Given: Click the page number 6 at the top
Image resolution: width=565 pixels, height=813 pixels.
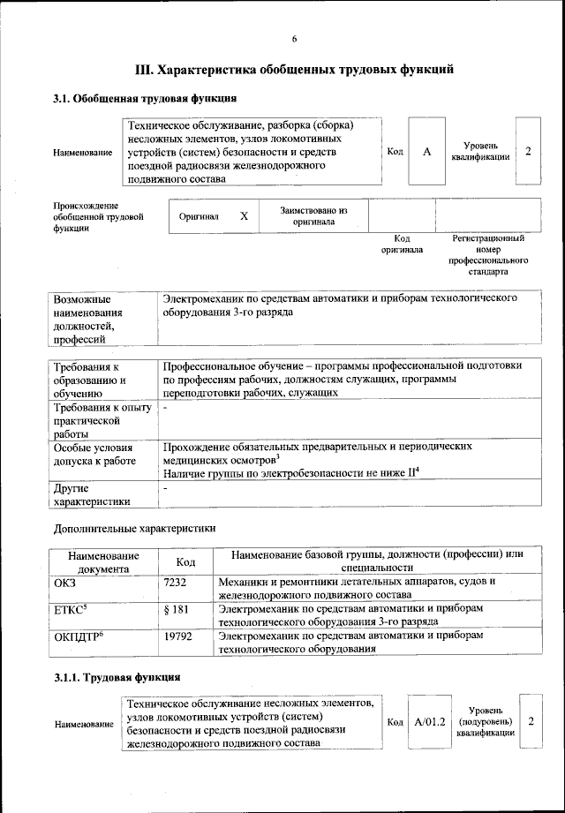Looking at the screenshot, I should pos(295,37).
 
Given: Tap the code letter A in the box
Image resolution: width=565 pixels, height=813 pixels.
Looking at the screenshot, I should pos(426,152).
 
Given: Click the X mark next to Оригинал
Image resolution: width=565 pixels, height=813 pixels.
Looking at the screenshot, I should pos(244,215).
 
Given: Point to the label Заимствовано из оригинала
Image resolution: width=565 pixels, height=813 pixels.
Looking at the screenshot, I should pos(313,216).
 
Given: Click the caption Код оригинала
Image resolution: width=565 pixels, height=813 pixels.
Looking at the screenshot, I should pos(402,244).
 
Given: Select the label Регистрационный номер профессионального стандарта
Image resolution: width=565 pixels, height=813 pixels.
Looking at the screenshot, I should pos(488,255).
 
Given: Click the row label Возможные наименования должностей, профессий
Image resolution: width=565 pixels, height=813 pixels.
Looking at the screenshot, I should pos(89,319).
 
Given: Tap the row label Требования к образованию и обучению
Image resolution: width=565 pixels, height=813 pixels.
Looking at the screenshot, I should pos(89,380).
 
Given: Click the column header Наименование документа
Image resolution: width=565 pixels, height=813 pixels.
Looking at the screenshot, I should pos(103,561).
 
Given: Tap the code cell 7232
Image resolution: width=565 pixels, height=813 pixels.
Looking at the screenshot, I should pos(177,582).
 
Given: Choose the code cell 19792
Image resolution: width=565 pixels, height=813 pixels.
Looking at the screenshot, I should pos(180,636).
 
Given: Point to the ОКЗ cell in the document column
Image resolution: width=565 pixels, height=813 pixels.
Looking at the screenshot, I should pos(67,582).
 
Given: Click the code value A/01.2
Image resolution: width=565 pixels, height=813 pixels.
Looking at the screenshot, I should pos(429,721).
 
